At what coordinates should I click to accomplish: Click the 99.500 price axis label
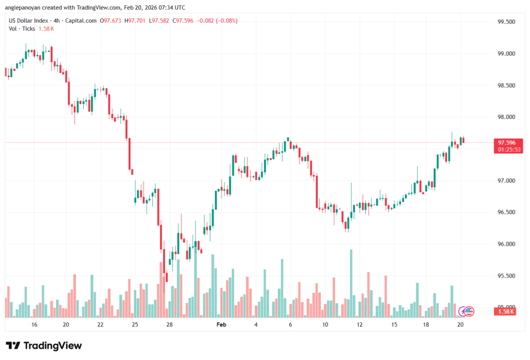tap(506, 22)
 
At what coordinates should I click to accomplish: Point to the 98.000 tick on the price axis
tap(506, 117)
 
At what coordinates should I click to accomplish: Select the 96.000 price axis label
tap(506, 244)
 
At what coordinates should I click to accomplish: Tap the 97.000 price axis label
tap(506, 181)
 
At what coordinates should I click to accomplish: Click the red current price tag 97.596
tap(506, 142)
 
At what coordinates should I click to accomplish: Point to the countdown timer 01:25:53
tap(506, 149)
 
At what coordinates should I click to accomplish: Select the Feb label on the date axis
tap(222, 325)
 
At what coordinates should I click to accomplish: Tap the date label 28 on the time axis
tap(169, 325)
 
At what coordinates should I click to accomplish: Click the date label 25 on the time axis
tap(135, 325)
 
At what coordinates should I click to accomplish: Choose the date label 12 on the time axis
tap(360, 325)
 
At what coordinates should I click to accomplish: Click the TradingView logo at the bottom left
tap(43, 346)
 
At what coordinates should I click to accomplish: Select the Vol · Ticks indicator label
tap(22, 28)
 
